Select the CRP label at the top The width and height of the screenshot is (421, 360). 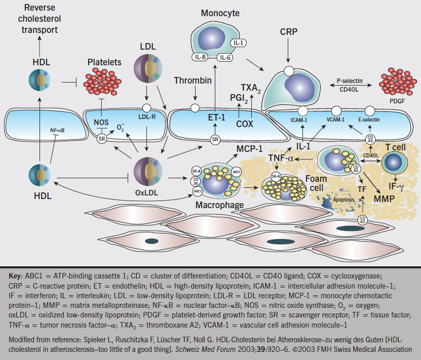point(288,32)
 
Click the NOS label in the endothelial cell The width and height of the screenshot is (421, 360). point(101,122)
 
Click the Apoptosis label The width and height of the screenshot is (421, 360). point(330,199)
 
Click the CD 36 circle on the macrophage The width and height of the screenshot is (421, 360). point(195,181)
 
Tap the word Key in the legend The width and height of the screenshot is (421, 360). point(15,276)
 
